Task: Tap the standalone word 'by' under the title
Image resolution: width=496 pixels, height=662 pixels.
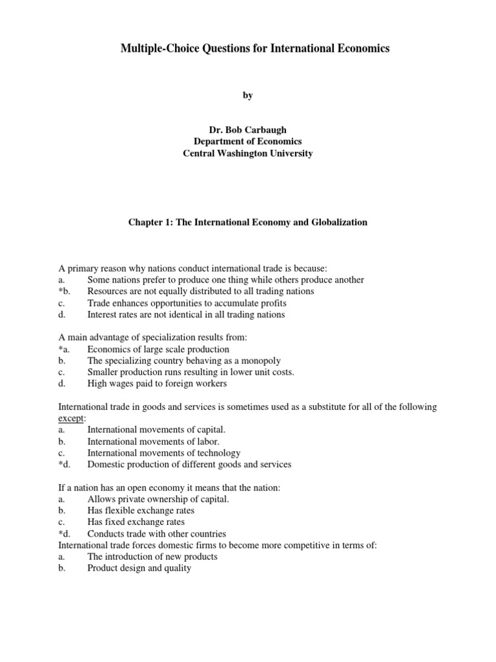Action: coord(248,95)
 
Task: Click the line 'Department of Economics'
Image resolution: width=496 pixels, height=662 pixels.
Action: coord(248,142)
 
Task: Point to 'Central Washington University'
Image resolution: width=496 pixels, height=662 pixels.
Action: coord(248,153)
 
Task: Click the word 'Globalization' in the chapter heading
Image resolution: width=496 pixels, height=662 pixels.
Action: coord(340,222)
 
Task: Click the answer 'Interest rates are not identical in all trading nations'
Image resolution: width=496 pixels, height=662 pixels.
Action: coord(186,315)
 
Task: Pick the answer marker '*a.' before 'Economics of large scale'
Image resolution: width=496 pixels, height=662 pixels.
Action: coord(65,349)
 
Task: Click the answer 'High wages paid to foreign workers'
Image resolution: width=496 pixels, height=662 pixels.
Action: coord(157,384)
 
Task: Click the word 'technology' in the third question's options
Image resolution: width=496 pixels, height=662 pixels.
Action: coord(219,453)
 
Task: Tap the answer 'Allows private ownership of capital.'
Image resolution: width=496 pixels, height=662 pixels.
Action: coord(158,499)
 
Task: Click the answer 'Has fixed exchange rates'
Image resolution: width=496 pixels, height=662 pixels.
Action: coord(136,522)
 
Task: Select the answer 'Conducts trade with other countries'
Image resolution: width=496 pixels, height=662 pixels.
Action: coord(157,534)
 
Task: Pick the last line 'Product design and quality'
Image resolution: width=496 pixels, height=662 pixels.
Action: coord(139,568)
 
